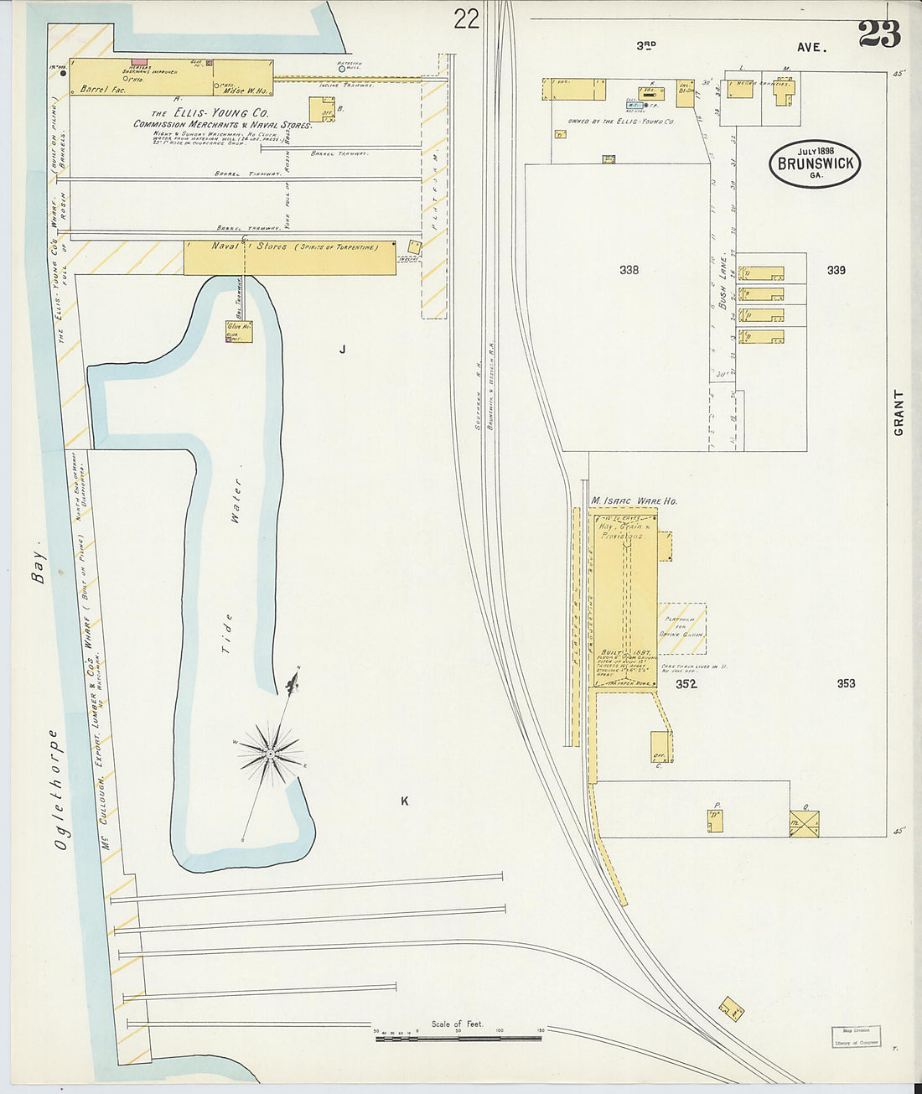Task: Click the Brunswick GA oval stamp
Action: pyautogui.click(x=814, y=163)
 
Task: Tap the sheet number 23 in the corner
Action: pyautogui.click(x=878, y=34)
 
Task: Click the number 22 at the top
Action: pyautogui.click(x=466, y=18)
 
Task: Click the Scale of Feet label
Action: pyautogui.click(x=457, y=1024)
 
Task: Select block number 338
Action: pyautogui.click(x=629, y=270)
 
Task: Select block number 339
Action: pyautogui.click(x=836, y=270)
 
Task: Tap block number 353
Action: pyautogui.click(x=846, y=683)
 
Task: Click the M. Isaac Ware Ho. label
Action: pyautogui.click(x=634, y=500)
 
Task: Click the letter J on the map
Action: pyautogui.click(x=342, y=349)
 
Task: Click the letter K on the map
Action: pyautogui.click(x=404, y=801)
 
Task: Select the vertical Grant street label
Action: pyautogui.click(x=899, y=412)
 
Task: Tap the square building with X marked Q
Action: pyautogui.click(x=804, y=823)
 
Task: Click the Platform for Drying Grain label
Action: pyautogui.click(x=682, y=627)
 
